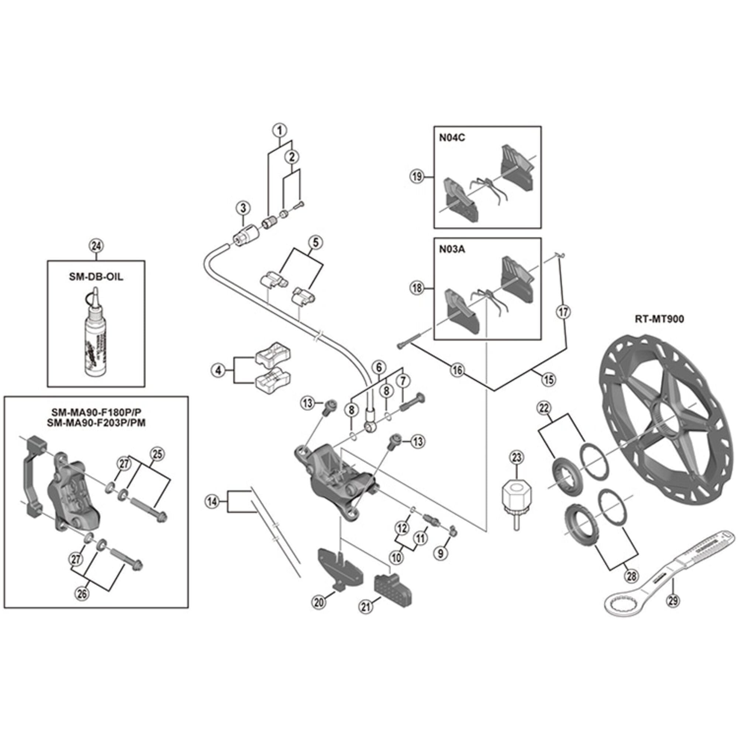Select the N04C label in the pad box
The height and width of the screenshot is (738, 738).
tap(452, 138)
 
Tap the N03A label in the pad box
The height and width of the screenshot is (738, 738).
tap(452, 249)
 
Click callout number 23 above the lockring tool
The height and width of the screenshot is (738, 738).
tap(517, 457)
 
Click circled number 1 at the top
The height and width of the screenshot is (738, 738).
tap(280, 130)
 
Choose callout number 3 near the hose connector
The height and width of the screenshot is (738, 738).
tap(243, 208)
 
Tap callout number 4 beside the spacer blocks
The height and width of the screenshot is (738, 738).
tap(218, 370)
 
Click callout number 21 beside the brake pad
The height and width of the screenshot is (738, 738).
tap(366, 607)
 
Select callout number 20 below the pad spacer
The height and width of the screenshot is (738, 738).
tap(319, 603)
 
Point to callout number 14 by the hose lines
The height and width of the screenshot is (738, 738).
tap(213, 501)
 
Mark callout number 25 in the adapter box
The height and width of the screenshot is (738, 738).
tap(158, 454)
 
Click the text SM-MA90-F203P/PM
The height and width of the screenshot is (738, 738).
tap(96, 423)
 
